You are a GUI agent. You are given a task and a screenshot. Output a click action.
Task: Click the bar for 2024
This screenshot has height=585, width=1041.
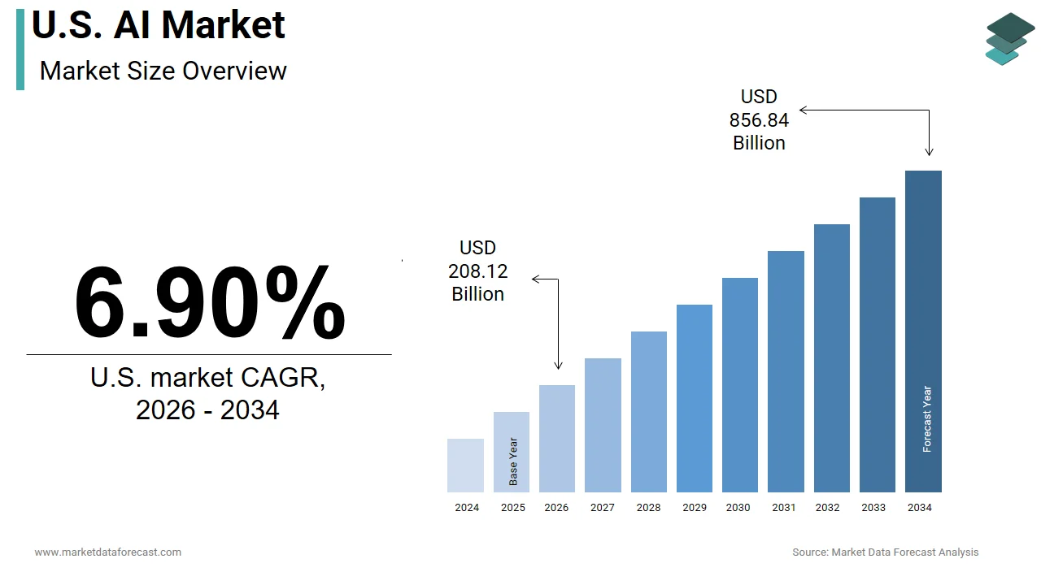pyautogui.click(x=465, y=466)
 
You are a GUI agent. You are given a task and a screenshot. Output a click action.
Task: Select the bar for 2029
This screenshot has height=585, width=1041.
pyautogui.click(x=694, y=398)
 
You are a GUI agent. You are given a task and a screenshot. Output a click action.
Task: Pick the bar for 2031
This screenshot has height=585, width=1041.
pyautogui.click(x=786, y=371)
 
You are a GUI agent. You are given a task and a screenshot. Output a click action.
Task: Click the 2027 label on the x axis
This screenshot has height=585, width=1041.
pyautogui.click(x=603, y=508)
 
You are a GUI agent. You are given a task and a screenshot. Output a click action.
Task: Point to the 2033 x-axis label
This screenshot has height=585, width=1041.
pyautogui.click(x=873, y=508)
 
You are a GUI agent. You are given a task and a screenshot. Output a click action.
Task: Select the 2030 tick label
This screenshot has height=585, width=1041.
pyautogui.click(x=738, y=508)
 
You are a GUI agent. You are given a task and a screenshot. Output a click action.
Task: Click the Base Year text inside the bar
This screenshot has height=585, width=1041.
pyautogui.click(x=513, y=461)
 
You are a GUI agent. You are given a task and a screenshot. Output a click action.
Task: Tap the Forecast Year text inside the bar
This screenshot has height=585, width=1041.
pyautogui.click(x=927, y=419)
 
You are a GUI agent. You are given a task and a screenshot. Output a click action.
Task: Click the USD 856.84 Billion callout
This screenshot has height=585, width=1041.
pyautogui.click(x=759, y=120)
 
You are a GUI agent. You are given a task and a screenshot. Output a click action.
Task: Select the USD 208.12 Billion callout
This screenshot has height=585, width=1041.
pyautogui.click(x=477, y=271)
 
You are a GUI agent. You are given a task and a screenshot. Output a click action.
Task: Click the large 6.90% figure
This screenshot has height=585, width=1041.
pyautogui.click(x=210, y=302)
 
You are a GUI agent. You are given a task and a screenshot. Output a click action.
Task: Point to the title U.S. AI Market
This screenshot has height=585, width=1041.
pyautogui.click(x=159, y=24)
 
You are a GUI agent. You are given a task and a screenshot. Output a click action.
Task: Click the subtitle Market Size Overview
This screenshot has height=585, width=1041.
pyautogui.click(x=163, y=71)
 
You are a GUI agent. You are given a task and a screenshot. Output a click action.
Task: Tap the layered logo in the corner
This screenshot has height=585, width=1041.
pyautogui.click(x=1009, y=38)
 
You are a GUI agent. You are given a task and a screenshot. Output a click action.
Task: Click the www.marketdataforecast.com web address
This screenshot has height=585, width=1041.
pyautogui.click(x=107, y=552)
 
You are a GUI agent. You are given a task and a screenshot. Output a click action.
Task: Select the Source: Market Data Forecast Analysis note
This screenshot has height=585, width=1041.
pyautogui.click(x=885, y=552)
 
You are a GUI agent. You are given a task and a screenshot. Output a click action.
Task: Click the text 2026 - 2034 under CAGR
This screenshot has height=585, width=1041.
pyautogui.click(x=207, y=410)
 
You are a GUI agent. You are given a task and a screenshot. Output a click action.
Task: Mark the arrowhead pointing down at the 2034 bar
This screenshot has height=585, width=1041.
pyautogui.click(x=929, y=151)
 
